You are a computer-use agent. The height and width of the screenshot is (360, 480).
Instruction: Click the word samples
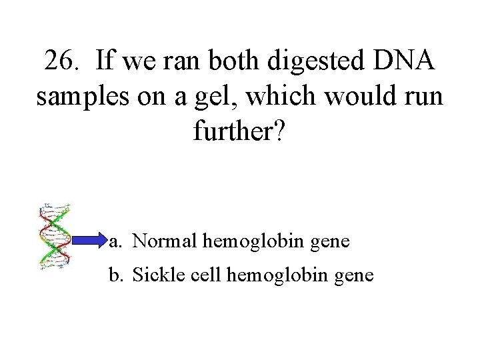tap(76, 97)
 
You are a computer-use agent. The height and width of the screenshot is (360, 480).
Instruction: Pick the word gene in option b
tap(357, 275)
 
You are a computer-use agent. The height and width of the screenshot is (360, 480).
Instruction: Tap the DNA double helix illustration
tap(55, 237)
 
